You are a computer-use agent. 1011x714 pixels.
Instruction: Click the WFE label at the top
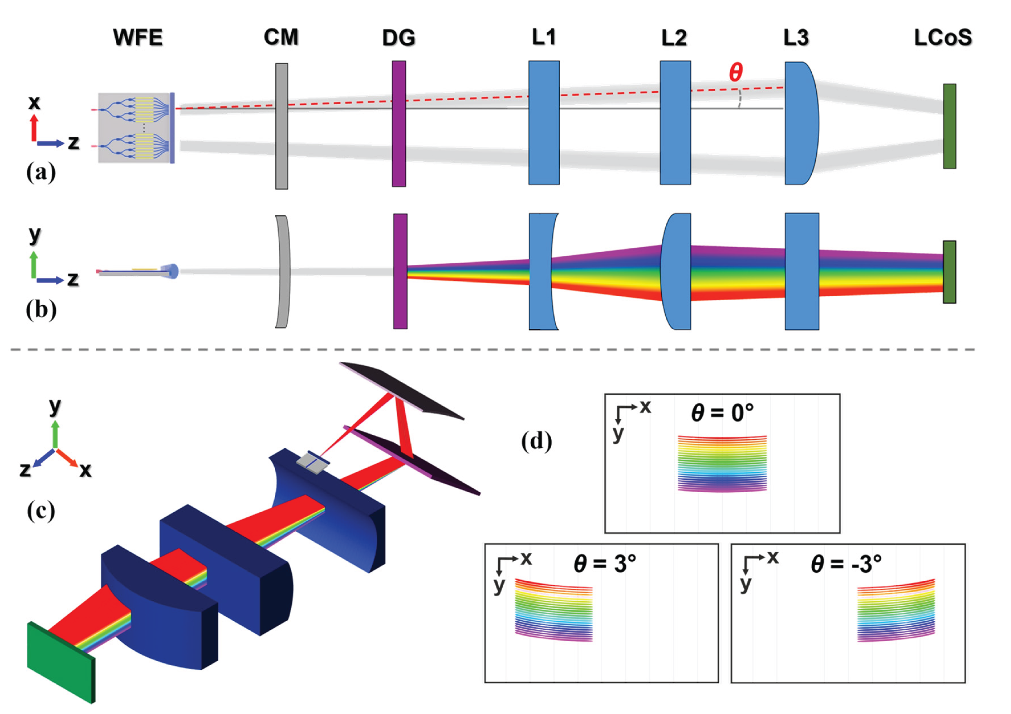coord(138,38)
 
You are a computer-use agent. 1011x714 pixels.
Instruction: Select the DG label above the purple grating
coord(399,38)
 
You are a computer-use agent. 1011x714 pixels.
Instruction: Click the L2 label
coord(674,38)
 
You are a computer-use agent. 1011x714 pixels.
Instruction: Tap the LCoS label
coord(943,38)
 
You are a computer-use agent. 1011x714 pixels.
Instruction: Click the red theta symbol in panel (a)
coord(736,72)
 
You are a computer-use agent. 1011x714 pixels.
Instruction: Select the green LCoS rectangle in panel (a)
coord(949,126)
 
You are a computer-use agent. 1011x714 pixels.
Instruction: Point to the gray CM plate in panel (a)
coord(282,126)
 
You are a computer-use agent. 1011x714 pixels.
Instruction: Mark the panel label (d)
coord(536,441)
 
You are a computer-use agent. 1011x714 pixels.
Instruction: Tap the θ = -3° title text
coord(846,563)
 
